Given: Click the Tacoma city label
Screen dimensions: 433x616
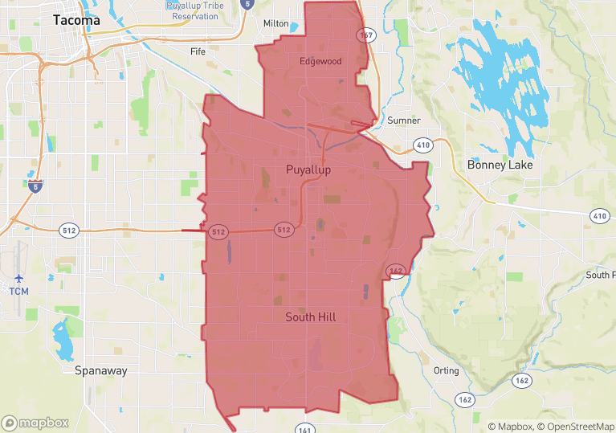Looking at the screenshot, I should click(77, 21).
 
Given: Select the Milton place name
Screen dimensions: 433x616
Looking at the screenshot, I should click(275, 24).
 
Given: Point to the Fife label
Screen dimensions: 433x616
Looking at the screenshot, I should click(198, 51).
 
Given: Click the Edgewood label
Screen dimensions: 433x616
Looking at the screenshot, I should click(320, 61).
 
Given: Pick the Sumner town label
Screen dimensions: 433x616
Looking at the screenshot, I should click(403, 121).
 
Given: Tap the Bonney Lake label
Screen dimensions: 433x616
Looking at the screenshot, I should click(500, 165).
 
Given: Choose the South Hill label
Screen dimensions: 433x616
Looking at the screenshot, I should click(321, 317).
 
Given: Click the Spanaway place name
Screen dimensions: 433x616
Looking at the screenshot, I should click(100, 371).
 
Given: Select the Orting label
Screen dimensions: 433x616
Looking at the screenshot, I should click(446, 371).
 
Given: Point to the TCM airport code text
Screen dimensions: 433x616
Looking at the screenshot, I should click(18, 291).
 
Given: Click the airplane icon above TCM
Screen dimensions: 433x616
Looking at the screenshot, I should click(18, 277).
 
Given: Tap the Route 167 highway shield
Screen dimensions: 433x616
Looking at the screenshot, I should click(365, 35).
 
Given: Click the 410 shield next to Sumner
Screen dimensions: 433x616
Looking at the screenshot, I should click(422, 145).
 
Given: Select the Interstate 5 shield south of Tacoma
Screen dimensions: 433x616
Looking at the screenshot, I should click(35, 186).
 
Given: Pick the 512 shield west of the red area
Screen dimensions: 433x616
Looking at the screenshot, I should click(69, 231).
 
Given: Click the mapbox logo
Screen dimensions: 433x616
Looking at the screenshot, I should click(35, 423).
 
